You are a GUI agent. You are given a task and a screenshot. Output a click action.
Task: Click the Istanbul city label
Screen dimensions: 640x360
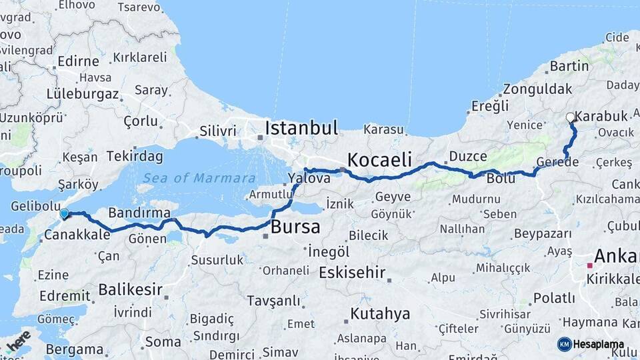click(301, 128)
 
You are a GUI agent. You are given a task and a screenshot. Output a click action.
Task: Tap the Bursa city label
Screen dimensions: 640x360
click(295, 227)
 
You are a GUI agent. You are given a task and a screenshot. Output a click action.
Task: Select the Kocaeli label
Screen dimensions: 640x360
click(379, 160)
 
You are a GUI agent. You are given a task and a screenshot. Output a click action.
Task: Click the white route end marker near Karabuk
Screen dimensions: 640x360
click(570, 117)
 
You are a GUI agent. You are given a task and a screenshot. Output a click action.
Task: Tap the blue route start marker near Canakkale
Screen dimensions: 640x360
click(64, 214)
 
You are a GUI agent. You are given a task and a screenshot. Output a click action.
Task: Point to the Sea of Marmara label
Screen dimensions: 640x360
click(199, 178)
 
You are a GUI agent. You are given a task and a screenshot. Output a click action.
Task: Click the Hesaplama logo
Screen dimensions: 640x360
click(591, 344)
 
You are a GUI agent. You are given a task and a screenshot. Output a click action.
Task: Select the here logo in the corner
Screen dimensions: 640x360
click(18, 341)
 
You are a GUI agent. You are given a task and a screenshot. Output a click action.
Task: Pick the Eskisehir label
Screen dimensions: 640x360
click(352, 273)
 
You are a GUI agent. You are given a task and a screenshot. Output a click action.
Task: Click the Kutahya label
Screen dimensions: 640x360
click(380, 314)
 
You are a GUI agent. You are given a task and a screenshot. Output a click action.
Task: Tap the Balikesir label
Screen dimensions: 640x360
click(131, 289)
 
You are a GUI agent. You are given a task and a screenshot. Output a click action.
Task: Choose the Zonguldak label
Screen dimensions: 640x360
click(537, 89)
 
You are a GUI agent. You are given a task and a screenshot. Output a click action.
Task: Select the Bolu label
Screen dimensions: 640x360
click(501, 179)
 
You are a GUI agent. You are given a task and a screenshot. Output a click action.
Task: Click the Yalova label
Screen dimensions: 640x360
click(309, 178)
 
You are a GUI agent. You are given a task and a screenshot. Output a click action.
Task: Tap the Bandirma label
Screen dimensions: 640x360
click(139, 213)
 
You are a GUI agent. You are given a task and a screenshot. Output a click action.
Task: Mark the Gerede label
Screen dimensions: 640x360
click(557, 163)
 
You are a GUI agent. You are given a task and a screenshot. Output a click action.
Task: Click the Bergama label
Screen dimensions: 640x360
click(75, 349)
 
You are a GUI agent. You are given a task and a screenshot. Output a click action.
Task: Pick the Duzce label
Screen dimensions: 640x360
click(469, 156)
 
